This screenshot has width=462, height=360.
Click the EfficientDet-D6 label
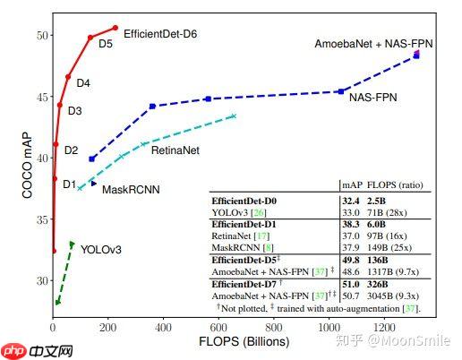point(160,33)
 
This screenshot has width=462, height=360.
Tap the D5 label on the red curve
point(105,43)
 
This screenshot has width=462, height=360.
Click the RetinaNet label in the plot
point(175,150)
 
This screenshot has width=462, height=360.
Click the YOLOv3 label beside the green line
point(100,249)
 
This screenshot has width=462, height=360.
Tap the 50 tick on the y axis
point(41,35)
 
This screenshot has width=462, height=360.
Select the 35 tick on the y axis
point(41,219)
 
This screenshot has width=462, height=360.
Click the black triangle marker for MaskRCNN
point(93,184)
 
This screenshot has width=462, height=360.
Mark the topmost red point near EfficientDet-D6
point(115,28)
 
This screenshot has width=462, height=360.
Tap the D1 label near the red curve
point(69,184)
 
